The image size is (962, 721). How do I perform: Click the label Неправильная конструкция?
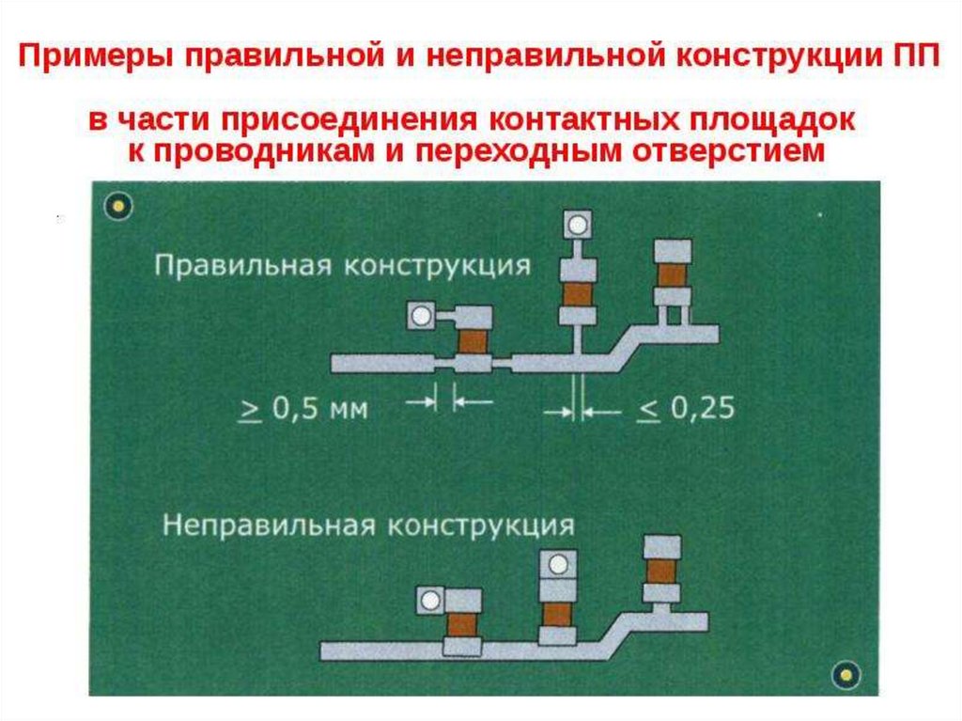[x=367, y=523]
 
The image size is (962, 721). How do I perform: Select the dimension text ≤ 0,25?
[x=685, y=408]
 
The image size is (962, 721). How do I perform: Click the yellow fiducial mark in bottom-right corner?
[x=847, y=673]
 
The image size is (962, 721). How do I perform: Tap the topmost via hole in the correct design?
[x=576, y=224]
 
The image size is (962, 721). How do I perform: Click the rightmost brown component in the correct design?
[x=673, y=274]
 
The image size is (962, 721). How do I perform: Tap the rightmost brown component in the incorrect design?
[x=661, y=571]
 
